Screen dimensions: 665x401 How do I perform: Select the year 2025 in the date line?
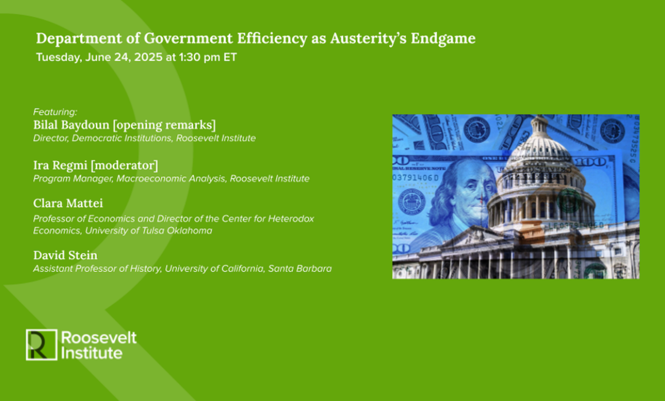point(148,57)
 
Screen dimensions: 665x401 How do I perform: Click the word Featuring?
point(55,112)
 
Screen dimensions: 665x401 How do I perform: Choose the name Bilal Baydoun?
point(71,125)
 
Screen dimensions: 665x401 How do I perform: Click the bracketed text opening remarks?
point(164,125)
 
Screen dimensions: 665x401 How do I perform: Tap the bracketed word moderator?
point(124,166)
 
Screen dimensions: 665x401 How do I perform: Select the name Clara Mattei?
point(68,203)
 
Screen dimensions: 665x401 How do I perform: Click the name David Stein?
point(65,255)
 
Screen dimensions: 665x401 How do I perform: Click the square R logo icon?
point(41,345)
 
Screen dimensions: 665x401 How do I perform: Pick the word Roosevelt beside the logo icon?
point(99,338)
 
